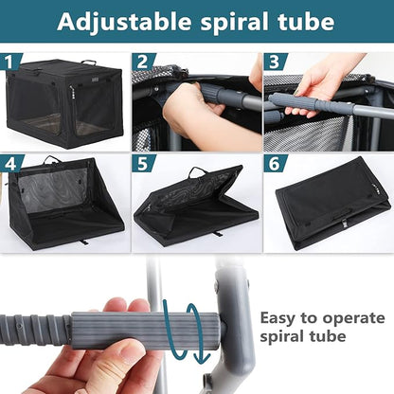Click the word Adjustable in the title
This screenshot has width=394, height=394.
click(124, 22)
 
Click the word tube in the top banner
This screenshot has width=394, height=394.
click(306, 21)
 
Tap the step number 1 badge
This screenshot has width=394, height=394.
click(11, 62)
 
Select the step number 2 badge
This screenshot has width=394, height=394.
click(144, 62)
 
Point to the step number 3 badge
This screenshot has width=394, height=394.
click(276, 62)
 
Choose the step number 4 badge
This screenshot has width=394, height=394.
click(11, 164)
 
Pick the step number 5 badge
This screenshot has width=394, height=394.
click(144, 164)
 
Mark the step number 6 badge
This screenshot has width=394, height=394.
click(276, 164)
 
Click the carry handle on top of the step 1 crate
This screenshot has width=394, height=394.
click(88, 62)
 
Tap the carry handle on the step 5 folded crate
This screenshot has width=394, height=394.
click(198, 171)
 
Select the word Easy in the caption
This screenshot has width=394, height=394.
click(278, 318)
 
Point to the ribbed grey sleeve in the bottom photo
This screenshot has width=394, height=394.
click(145, 331)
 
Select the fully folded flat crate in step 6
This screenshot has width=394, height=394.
click(331, 205)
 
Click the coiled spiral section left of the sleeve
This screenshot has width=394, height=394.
click(35, 329)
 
